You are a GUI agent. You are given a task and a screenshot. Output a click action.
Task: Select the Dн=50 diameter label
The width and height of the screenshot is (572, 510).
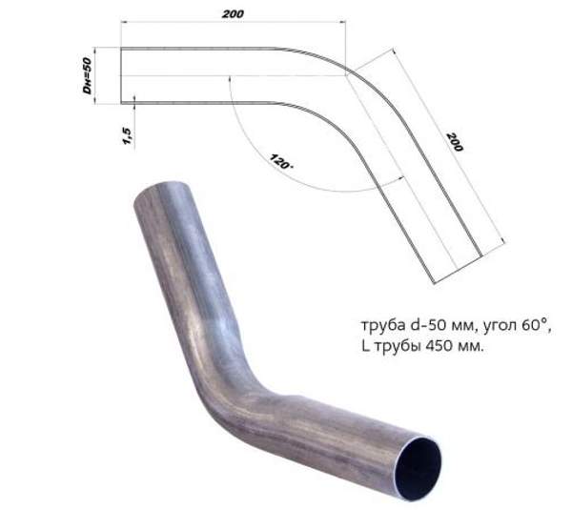coord(86,76)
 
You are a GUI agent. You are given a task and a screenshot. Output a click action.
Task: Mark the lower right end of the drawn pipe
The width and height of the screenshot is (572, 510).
coord(461,267)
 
